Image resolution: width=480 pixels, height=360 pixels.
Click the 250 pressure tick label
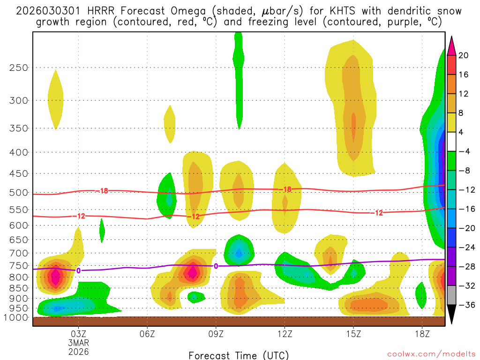[18, 67]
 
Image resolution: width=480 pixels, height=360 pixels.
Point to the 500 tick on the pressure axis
[18, 193]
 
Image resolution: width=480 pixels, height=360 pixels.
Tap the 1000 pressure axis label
[16, 318]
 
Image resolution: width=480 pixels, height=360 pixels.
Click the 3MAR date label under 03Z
[78, 343]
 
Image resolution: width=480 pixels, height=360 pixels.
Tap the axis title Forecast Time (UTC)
[239, 355]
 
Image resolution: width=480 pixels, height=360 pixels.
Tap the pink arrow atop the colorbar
[451, 45]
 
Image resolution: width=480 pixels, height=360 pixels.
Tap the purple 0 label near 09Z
[216, 266]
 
